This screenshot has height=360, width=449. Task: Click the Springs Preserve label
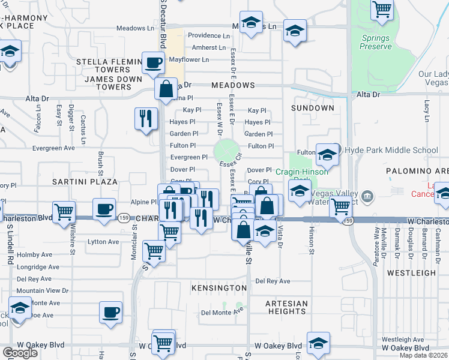coord(375,42)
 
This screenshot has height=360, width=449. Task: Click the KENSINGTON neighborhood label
coord(219,289)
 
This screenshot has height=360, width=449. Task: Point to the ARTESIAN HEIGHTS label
coord(286,307)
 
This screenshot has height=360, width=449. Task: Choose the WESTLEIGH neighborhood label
coord(411,272)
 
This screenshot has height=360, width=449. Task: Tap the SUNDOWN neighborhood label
coord(312,108)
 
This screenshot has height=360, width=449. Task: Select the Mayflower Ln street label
coord(188,60)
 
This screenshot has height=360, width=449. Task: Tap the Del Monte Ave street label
coord(222,312)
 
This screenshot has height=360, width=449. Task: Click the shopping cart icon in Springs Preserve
coord(382,10)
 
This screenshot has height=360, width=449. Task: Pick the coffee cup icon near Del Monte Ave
coord(111,312)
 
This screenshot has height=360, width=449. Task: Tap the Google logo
coord(20,353)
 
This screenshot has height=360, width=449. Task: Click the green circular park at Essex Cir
coord(227,150)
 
